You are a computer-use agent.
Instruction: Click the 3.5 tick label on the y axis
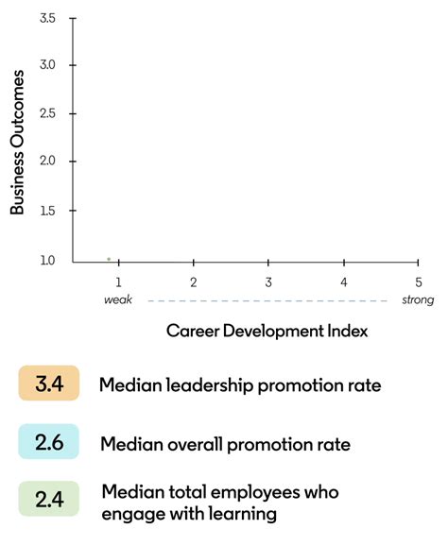tap(47, 18)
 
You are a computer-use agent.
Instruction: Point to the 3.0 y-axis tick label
tap(47, 65)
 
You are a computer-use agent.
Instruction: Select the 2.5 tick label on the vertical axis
tap(47, 113)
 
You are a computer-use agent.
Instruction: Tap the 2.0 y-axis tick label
tap(47, 162)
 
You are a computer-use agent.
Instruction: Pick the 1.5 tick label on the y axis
tap(47, 211)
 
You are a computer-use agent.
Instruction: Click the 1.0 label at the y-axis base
tap(47, 260)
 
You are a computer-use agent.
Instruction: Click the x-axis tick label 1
tap(118, 282)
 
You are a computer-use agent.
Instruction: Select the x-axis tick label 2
tap(193, 282)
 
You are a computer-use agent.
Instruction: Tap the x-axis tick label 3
tap(268, 282)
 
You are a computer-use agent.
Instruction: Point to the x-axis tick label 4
tap(344, 282)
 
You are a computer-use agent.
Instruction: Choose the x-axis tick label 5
tap(418, 282)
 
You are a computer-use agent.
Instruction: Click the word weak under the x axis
tap(117, 300)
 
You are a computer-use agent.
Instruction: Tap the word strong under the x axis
tap(417, 300)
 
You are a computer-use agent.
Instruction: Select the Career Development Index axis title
tap(267, 332)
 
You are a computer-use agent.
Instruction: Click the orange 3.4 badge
tap(48, 384)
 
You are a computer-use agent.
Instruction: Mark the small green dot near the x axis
tap(109, 258)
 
